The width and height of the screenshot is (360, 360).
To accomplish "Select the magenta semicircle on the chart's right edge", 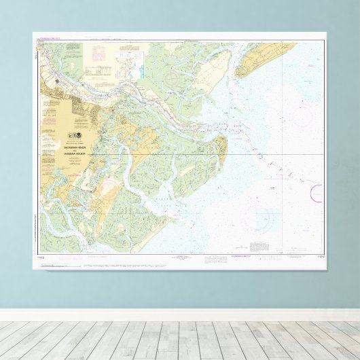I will (x=316, y=193).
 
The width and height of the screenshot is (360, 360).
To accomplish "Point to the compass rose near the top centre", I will (x=169, y=79).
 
